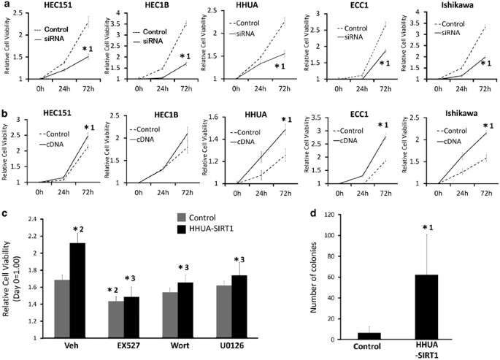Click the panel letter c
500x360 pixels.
coord(5,212)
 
